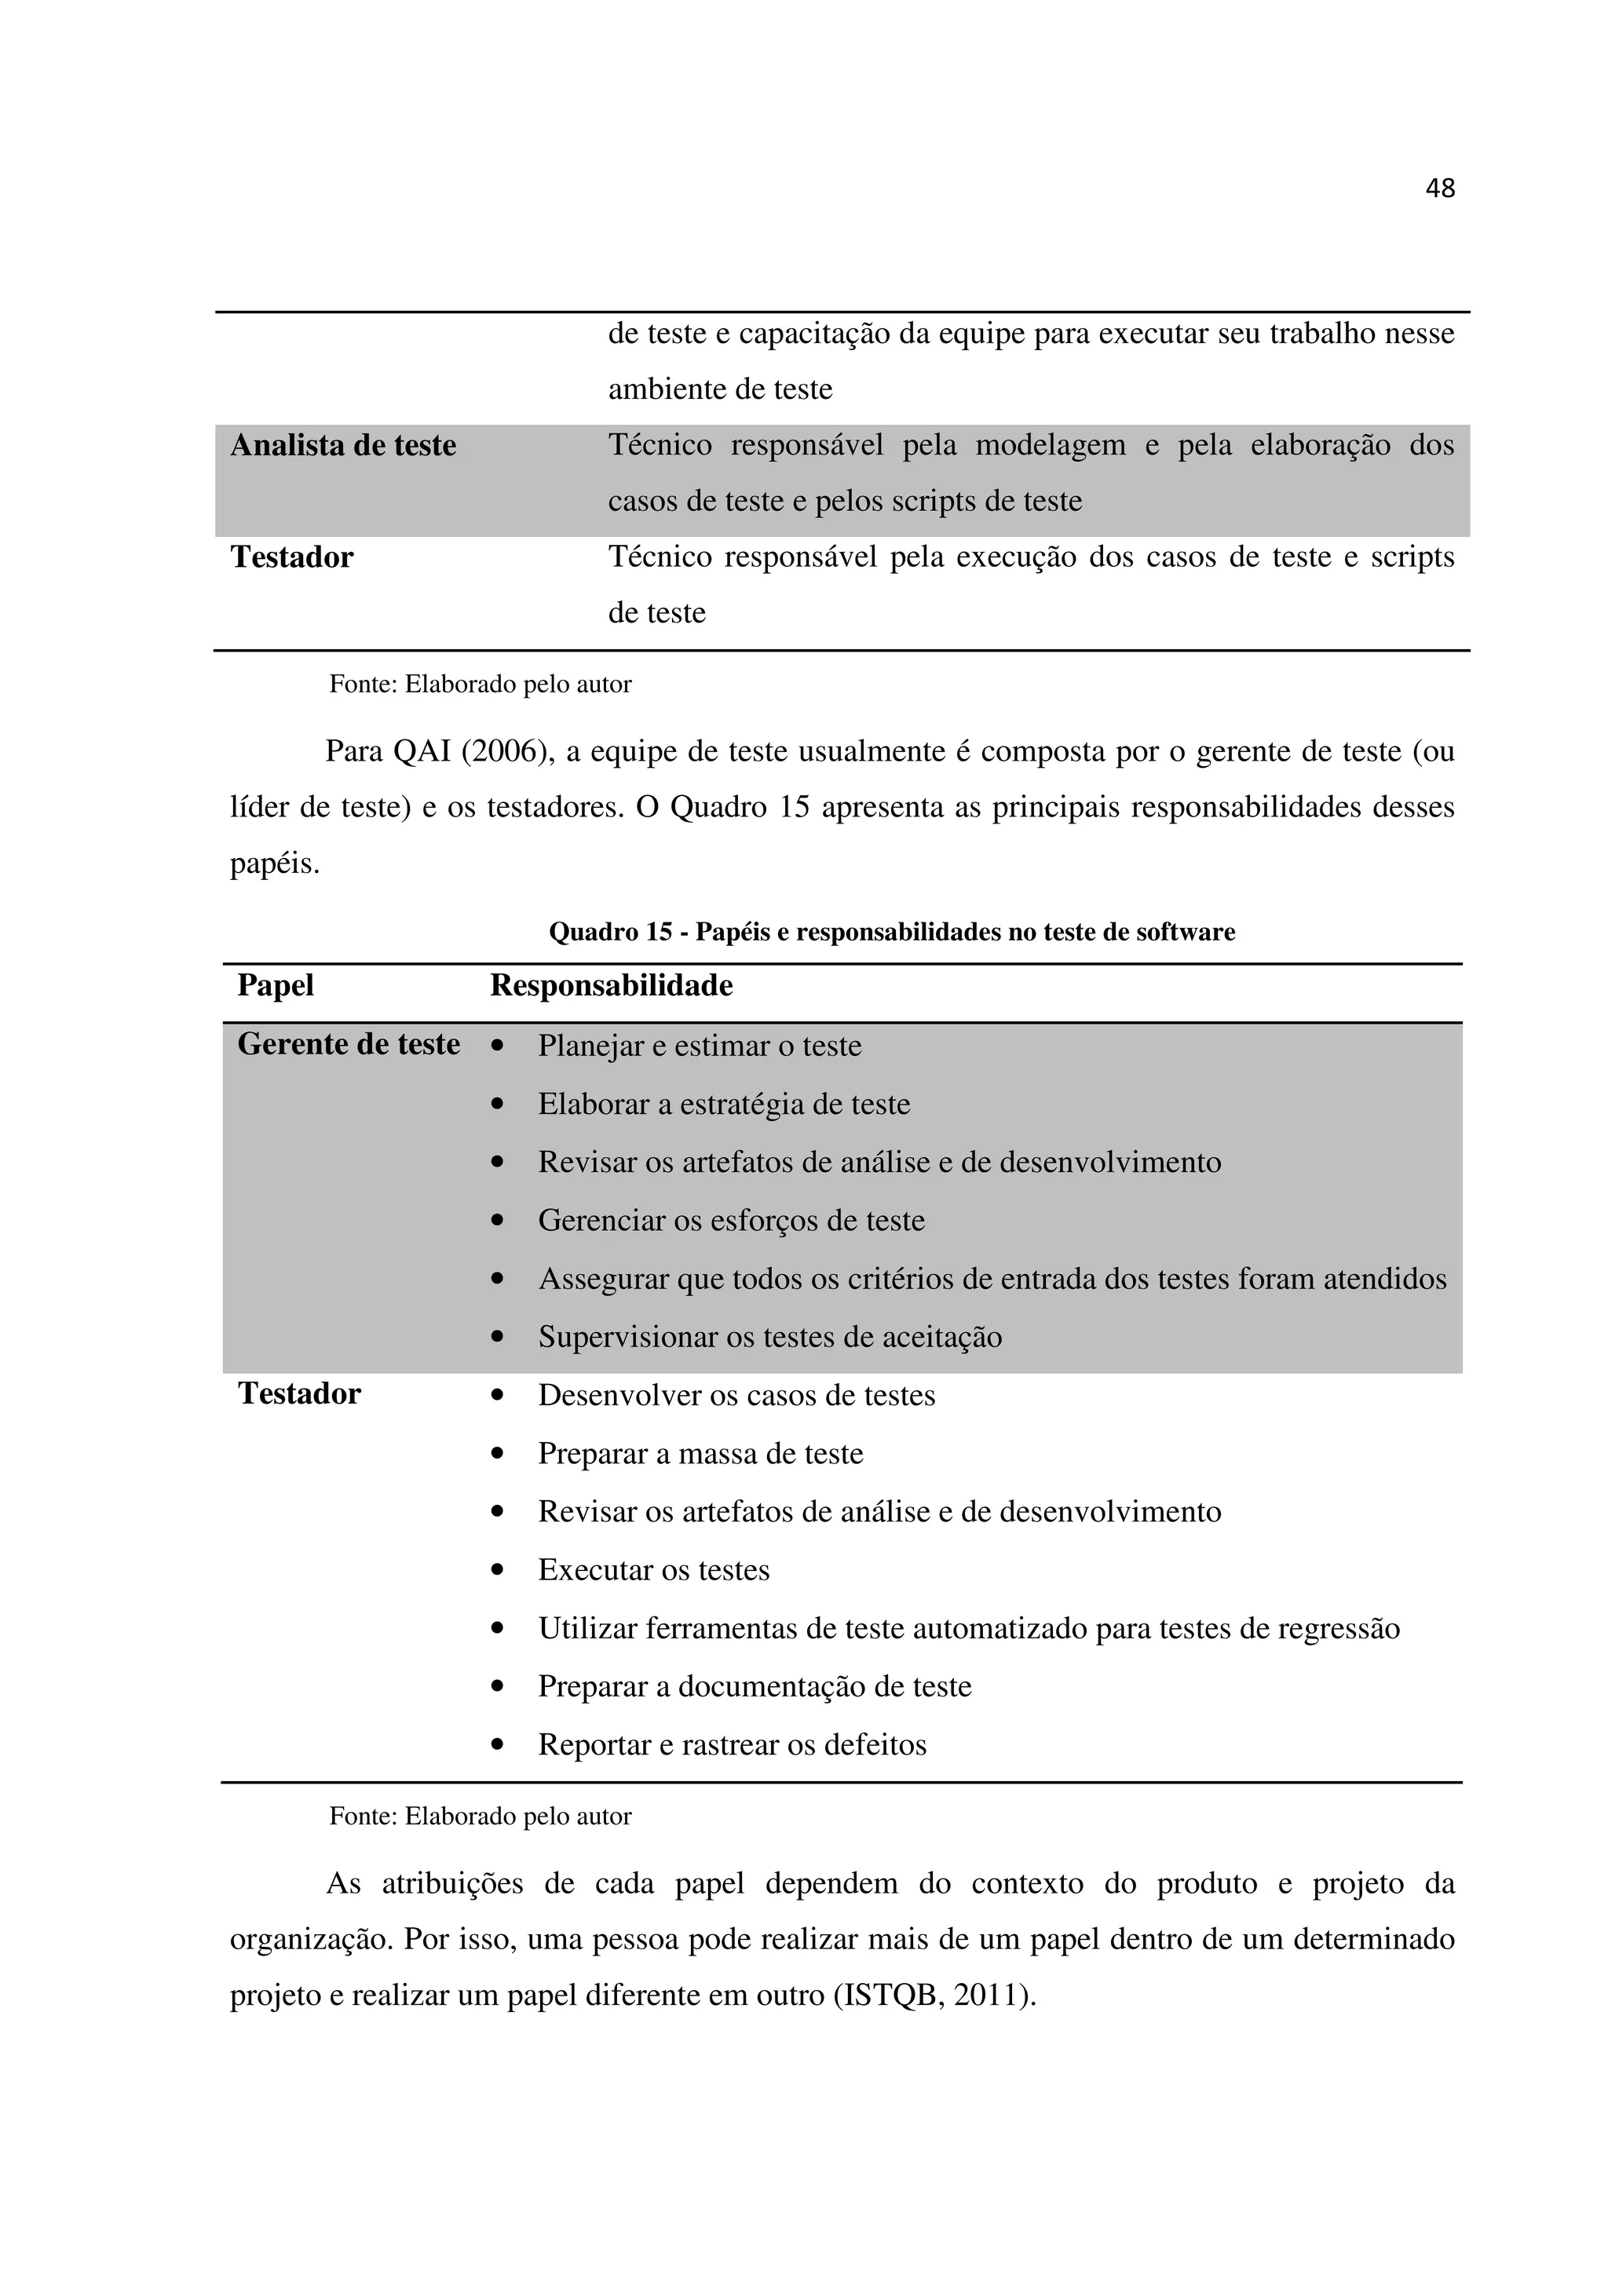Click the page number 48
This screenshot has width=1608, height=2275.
(x=1439, y=188)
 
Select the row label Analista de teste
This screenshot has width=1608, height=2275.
(x=343, y=446)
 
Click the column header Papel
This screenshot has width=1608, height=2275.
(x=276, y=986)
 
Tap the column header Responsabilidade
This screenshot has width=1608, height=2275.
(x=612, y=986)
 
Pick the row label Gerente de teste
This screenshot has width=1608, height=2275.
(x=349, y=1044)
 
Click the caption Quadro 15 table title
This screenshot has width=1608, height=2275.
(x=892, y=933)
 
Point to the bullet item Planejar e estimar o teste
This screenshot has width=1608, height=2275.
(x=700, y=1046)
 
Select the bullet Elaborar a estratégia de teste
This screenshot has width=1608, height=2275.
(x=723, y=1104)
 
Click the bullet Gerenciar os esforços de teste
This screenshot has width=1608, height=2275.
(x=731, y=1221)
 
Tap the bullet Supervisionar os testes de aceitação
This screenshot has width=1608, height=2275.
(x=769, y=1338)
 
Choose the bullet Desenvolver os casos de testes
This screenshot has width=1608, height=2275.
(x=736, y=1396)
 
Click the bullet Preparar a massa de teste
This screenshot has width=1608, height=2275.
(x=700, y=1454)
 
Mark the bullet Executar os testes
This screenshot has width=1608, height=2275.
(x=654, y=1571)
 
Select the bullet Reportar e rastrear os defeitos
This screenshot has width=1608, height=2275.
(x=733, y=1745)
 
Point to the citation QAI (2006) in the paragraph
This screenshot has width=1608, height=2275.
(x=472, y=752)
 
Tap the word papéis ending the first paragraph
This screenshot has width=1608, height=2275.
(x=275, y=865)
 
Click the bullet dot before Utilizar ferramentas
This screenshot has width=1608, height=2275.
(x=497, y=1629)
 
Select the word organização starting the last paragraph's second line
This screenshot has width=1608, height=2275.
(x=311, y=1939)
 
